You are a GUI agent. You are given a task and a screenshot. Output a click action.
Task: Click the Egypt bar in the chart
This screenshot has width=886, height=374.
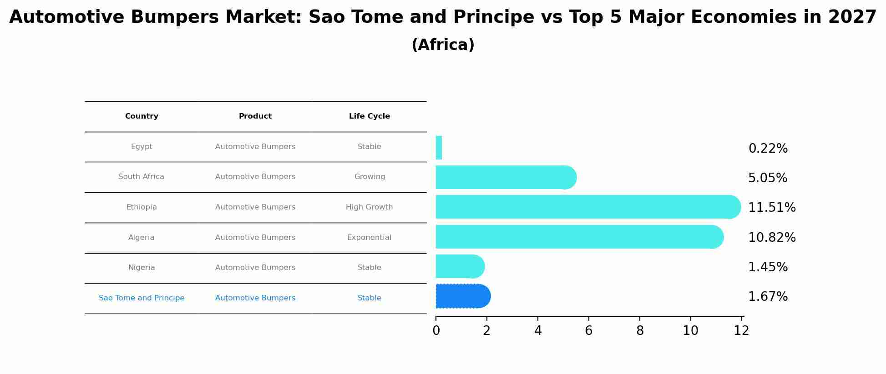[439, 148]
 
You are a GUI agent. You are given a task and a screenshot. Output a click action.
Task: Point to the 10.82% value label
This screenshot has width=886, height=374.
[772, 237]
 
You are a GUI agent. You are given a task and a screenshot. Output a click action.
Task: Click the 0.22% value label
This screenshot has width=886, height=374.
[768, 148]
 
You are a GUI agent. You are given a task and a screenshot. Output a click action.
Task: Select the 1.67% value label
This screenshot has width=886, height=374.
[768, 296]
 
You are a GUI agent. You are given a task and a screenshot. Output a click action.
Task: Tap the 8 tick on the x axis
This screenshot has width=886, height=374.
[640, 331]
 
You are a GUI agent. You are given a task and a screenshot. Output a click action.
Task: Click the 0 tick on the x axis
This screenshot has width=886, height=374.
[436, 331]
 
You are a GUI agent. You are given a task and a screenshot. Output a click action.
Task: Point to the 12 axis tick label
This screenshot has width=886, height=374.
[741, 331]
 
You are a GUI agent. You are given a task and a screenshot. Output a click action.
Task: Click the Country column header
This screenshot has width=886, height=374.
[142, 116]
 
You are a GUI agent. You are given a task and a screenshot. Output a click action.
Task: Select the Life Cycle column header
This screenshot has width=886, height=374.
[369, 116]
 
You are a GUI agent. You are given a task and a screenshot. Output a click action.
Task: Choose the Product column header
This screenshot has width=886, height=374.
[255, 116]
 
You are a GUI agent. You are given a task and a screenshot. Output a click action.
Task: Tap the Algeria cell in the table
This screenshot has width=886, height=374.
[141, 237]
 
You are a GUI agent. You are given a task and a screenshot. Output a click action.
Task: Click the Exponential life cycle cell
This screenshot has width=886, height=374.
[369, 237]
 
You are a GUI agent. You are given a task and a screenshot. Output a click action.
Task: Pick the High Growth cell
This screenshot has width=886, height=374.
[369, 207]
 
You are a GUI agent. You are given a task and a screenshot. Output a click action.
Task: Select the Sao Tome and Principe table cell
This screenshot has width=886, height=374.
[142, 298]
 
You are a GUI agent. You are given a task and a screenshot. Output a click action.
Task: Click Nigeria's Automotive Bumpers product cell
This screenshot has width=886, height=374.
[255, 268]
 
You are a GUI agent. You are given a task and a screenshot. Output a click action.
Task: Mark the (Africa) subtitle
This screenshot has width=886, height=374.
[443, 45]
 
